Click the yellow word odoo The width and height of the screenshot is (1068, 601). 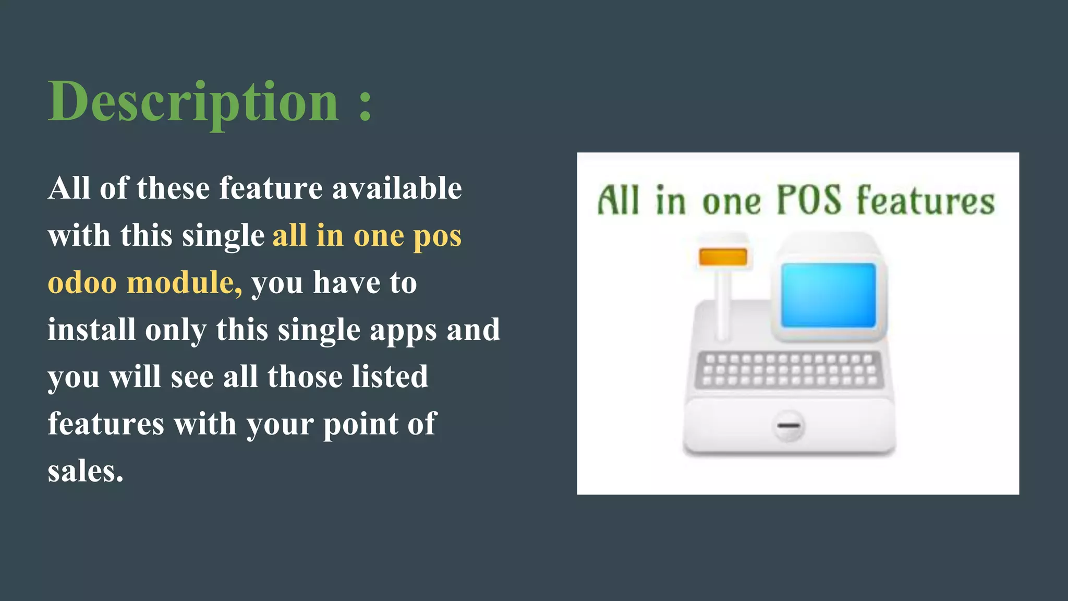click(x=82, y=283)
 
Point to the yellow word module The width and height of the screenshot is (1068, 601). click(x=184, y=283)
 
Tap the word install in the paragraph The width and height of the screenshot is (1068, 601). click(x=91, y=330)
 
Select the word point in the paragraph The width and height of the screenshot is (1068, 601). click(x=360, y=424)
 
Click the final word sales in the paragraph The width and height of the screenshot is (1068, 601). click(x=85, y=471)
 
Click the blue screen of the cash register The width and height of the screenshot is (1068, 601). click(x=828, y=295)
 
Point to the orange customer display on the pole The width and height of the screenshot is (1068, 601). click(x=723, y=257)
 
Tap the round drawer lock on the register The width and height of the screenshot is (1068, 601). click(x=788, y=426)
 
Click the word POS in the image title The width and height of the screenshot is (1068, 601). click(x=809, y=201)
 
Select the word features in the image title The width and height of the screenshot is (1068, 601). click(x=926, y=201)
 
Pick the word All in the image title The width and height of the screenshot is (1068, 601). click(x=618, y=201)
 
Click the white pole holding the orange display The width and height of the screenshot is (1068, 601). click(x=722, y=303)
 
